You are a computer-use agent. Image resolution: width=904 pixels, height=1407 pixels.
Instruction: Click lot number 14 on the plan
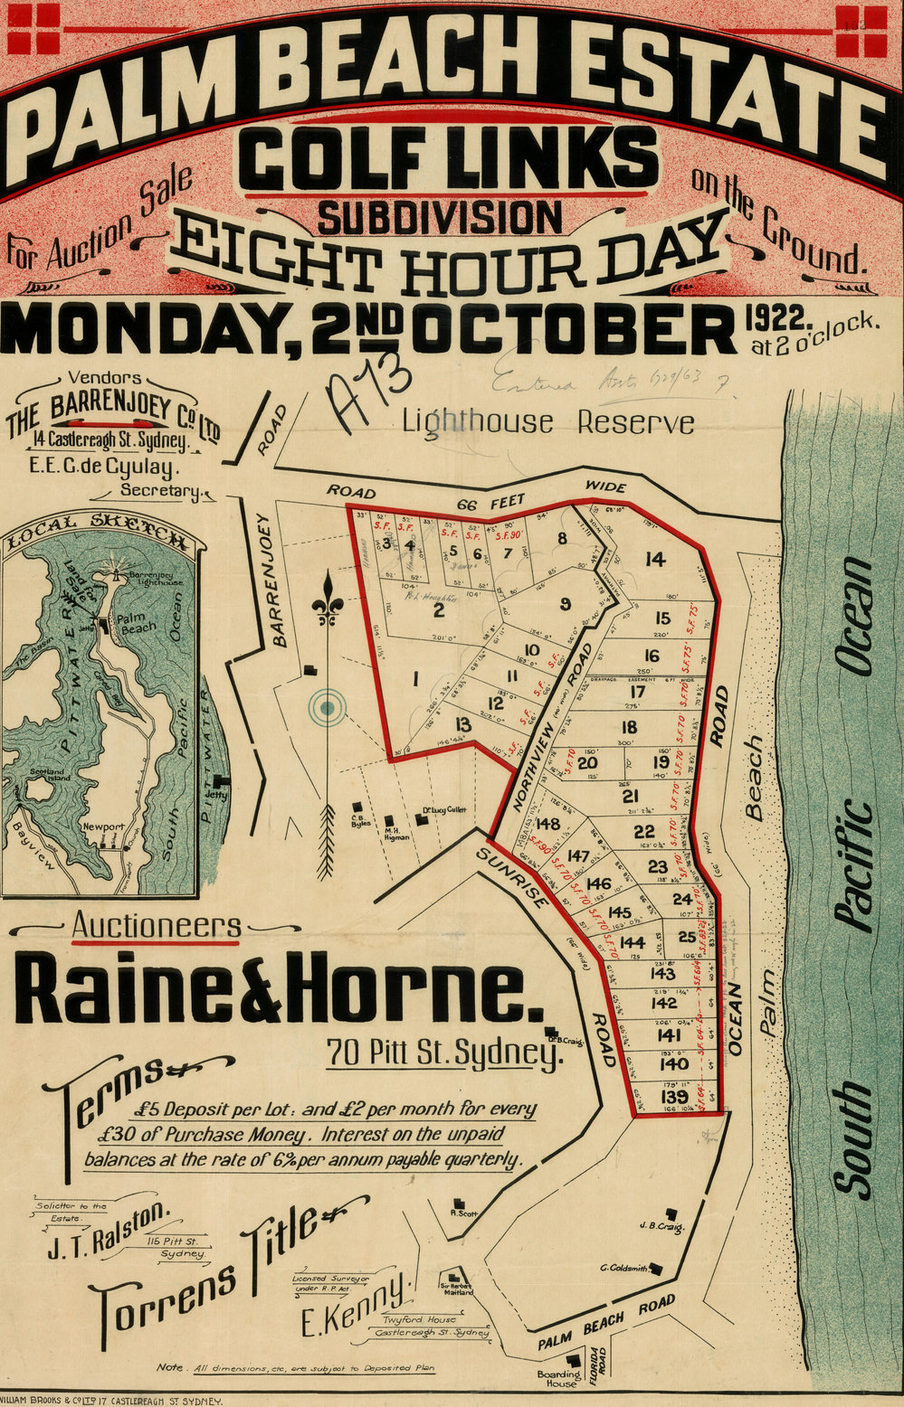point(654,560)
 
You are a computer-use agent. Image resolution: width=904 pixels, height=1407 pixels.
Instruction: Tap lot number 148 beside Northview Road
point(547,824)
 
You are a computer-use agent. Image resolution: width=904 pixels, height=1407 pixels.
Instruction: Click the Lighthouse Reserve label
point(548,422)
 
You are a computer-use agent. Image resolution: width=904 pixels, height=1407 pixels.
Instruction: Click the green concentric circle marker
point(327,707)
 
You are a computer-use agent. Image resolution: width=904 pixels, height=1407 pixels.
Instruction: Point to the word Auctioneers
point(157,926)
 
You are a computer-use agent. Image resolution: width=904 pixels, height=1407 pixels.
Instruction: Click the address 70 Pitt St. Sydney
point(441,1053)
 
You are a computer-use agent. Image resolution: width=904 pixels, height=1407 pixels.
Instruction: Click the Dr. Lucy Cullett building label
point(442,810)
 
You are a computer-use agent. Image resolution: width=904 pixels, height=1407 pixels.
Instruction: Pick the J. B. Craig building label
point(659,1227)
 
